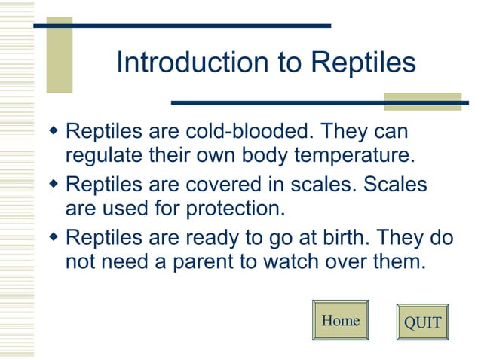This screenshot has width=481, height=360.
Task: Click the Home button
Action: click(x=340, y=321)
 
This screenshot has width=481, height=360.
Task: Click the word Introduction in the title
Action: click(x=191, y=63)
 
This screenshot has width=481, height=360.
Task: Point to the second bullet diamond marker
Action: click(x=53, y=184)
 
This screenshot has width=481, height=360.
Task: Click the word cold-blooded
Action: click(x=246, y=132)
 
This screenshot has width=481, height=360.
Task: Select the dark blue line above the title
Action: click(x=182, y=25)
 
